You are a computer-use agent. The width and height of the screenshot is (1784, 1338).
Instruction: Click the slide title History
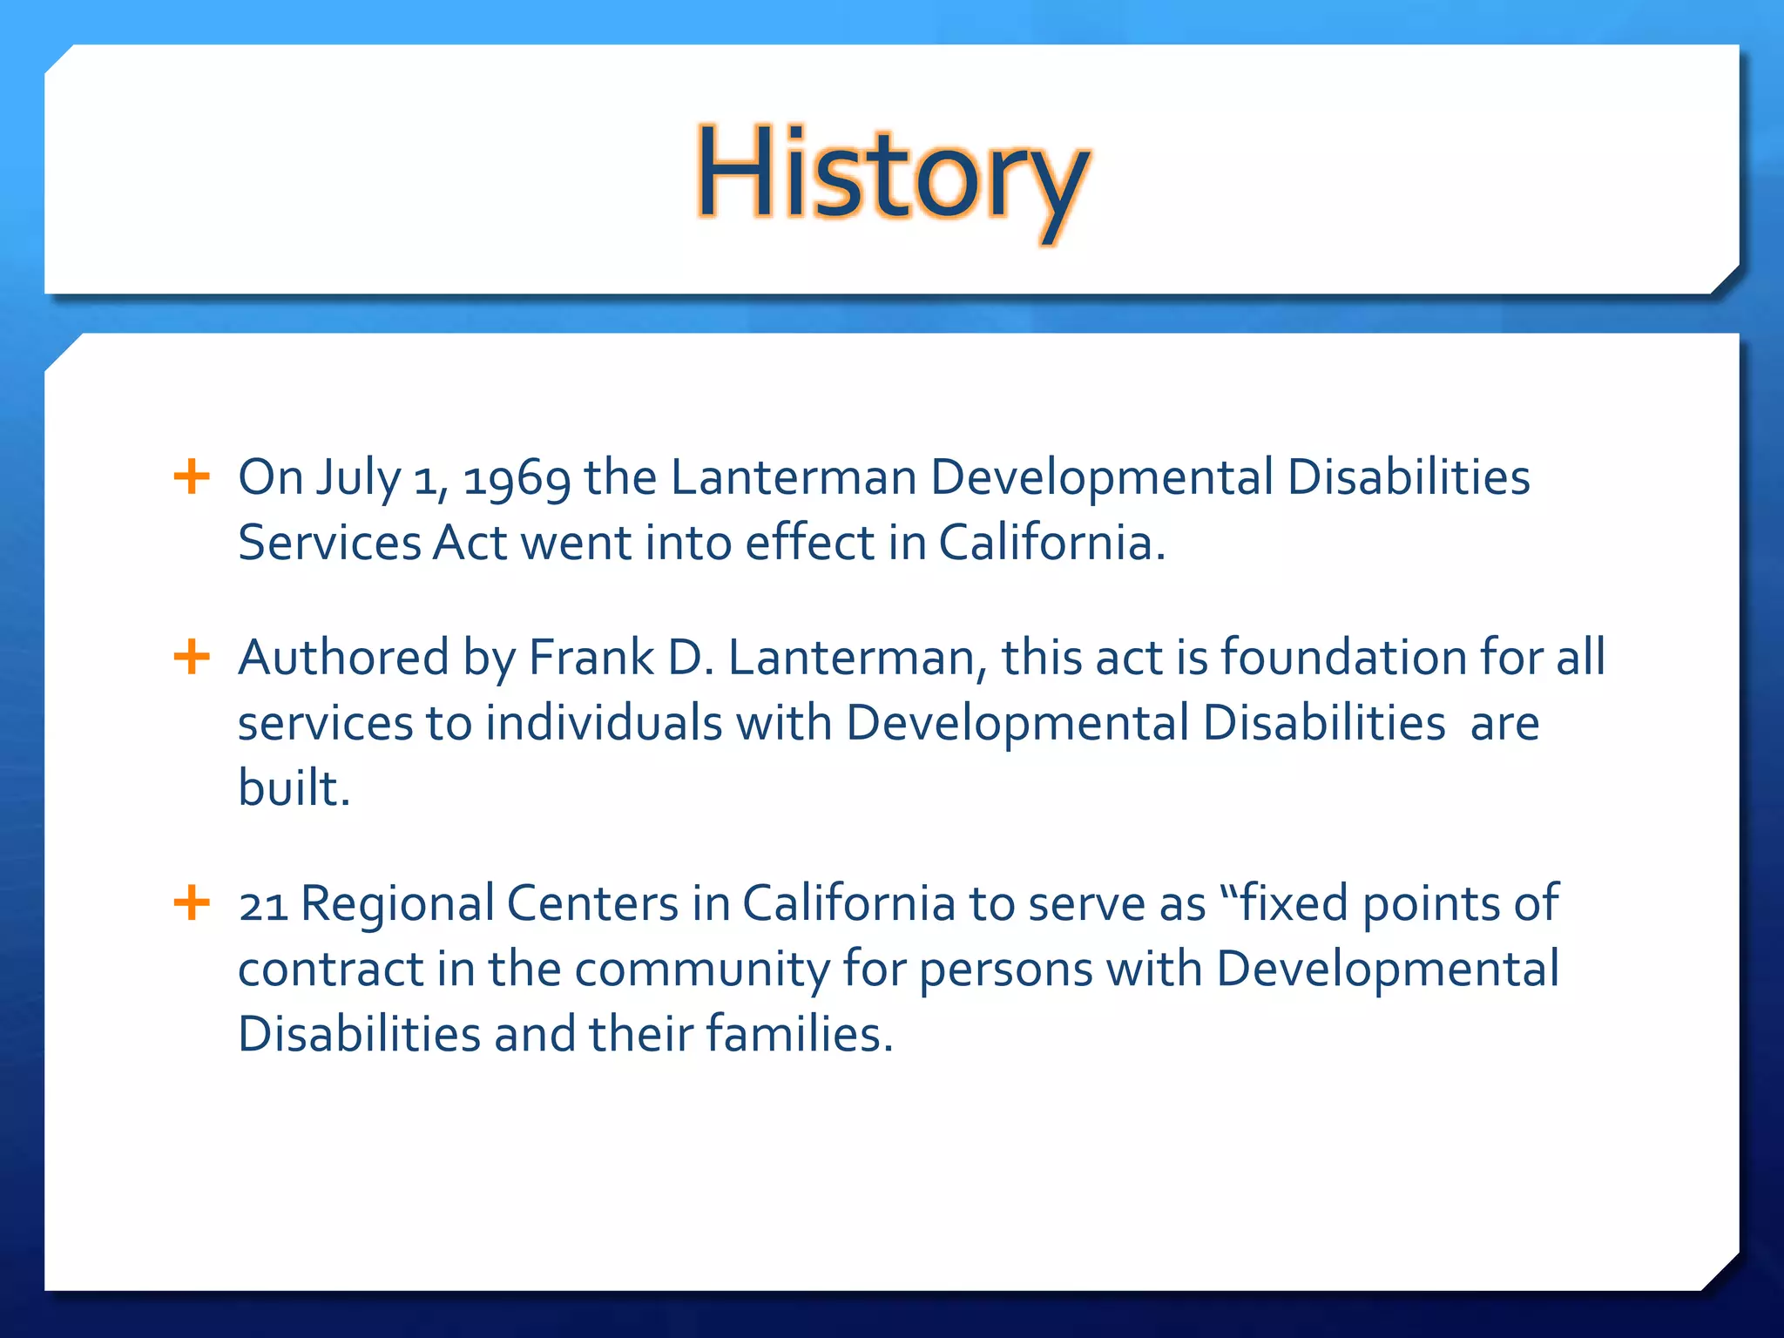[891, 174]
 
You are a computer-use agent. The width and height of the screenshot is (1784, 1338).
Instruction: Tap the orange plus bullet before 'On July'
[192, 477]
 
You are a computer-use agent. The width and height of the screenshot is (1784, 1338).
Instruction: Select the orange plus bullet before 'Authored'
[192, 657]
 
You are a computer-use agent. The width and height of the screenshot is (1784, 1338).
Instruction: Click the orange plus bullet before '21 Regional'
[192, 902]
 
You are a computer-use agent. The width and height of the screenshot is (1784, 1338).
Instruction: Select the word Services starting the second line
[329, 543]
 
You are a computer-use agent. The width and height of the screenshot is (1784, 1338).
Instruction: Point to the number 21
[263, 904]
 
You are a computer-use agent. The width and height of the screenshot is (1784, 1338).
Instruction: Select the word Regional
[397, 904]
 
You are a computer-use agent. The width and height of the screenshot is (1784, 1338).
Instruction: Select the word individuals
[604, 723]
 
